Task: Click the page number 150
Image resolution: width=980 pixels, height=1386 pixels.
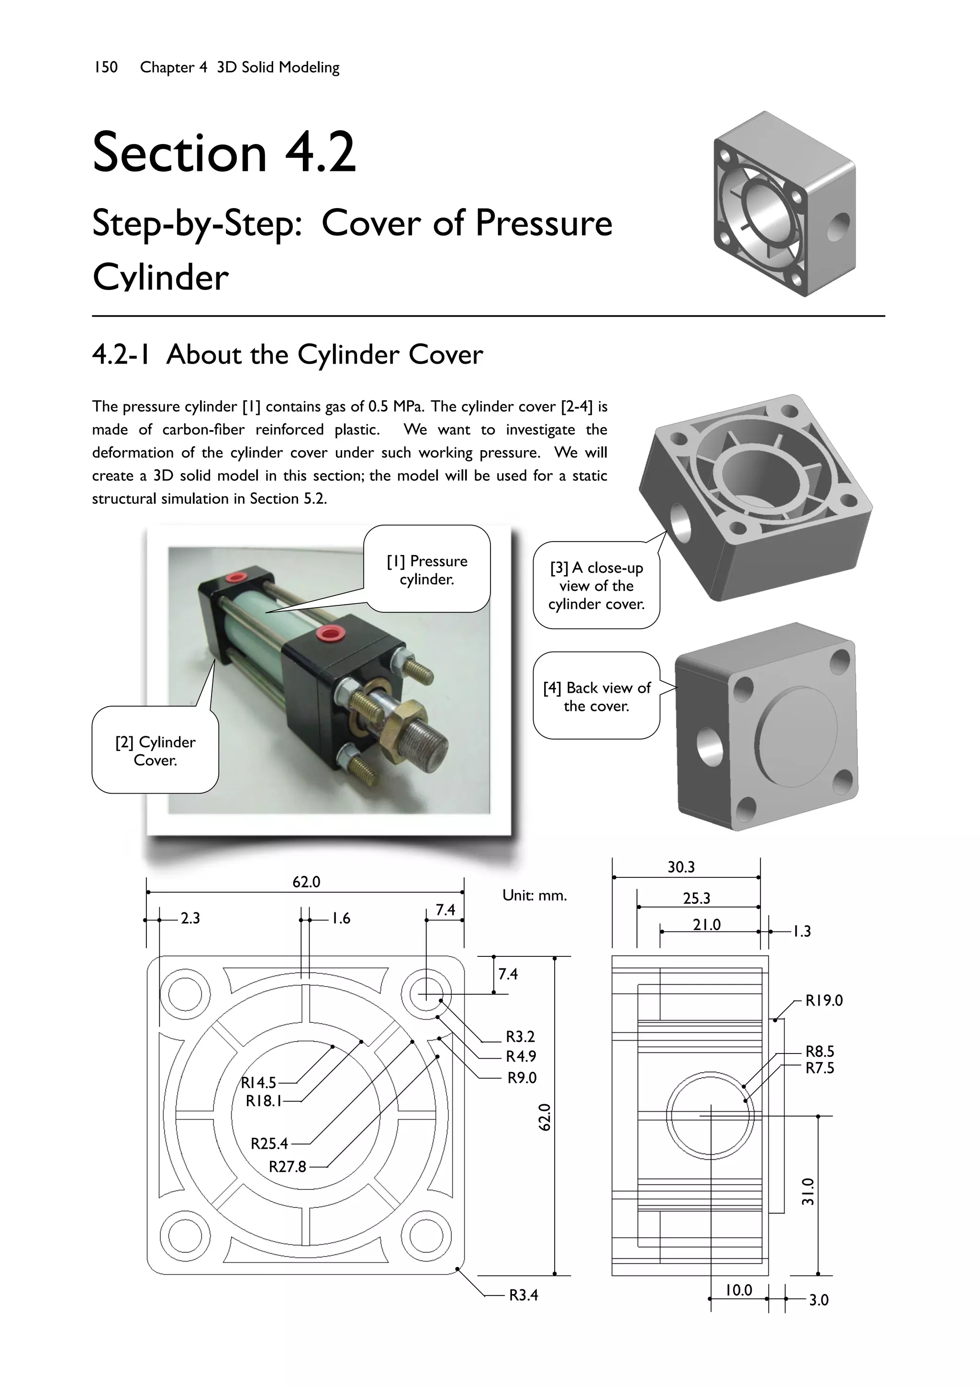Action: coord(106,67)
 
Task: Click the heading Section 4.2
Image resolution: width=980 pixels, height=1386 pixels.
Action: coord(224,152)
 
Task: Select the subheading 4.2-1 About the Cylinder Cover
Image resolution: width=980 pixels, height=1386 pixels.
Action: coord(288,355)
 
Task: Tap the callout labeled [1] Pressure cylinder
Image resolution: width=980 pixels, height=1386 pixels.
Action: coord(427,569)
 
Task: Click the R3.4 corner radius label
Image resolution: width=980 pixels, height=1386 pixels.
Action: coord(523,1294)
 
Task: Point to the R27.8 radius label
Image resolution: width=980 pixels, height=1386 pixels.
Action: coord(288,1166)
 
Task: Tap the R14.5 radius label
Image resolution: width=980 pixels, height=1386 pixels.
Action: coord(258,1082)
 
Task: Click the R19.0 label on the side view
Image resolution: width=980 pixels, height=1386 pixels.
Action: coord(824,1000)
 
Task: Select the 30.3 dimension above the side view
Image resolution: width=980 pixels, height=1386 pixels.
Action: coord(680,867)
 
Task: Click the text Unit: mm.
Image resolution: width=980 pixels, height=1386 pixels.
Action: coord(535,895)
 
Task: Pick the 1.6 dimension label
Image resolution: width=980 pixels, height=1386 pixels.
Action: coord(341,918)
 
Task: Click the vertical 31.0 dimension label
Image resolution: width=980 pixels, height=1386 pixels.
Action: coord(807,1191)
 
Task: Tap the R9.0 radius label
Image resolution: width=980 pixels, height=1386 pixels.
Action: coord(522,1077)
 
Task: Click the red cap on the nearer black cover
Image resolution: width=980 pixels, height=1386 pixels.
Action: coord(330,633)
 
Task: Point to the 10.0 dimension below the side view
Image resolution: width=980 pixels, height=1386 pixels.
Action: coord(738,1290)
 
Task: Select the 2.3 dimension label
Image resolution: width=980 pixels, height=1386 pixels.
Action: coord(190,918)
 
